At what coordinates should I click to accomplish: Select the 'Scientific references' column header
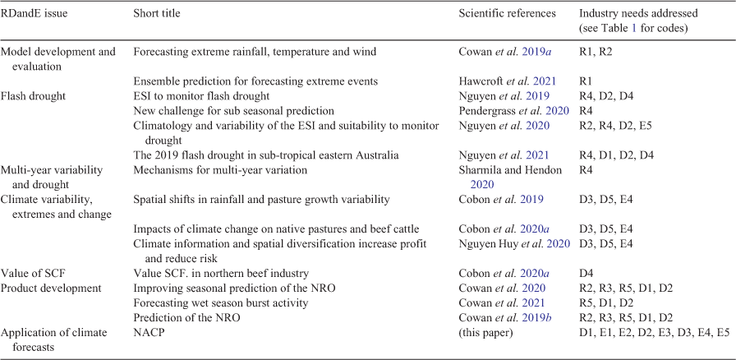click(507, 14)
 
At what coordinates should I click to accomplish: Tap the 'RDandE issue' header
click(35, 14)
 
